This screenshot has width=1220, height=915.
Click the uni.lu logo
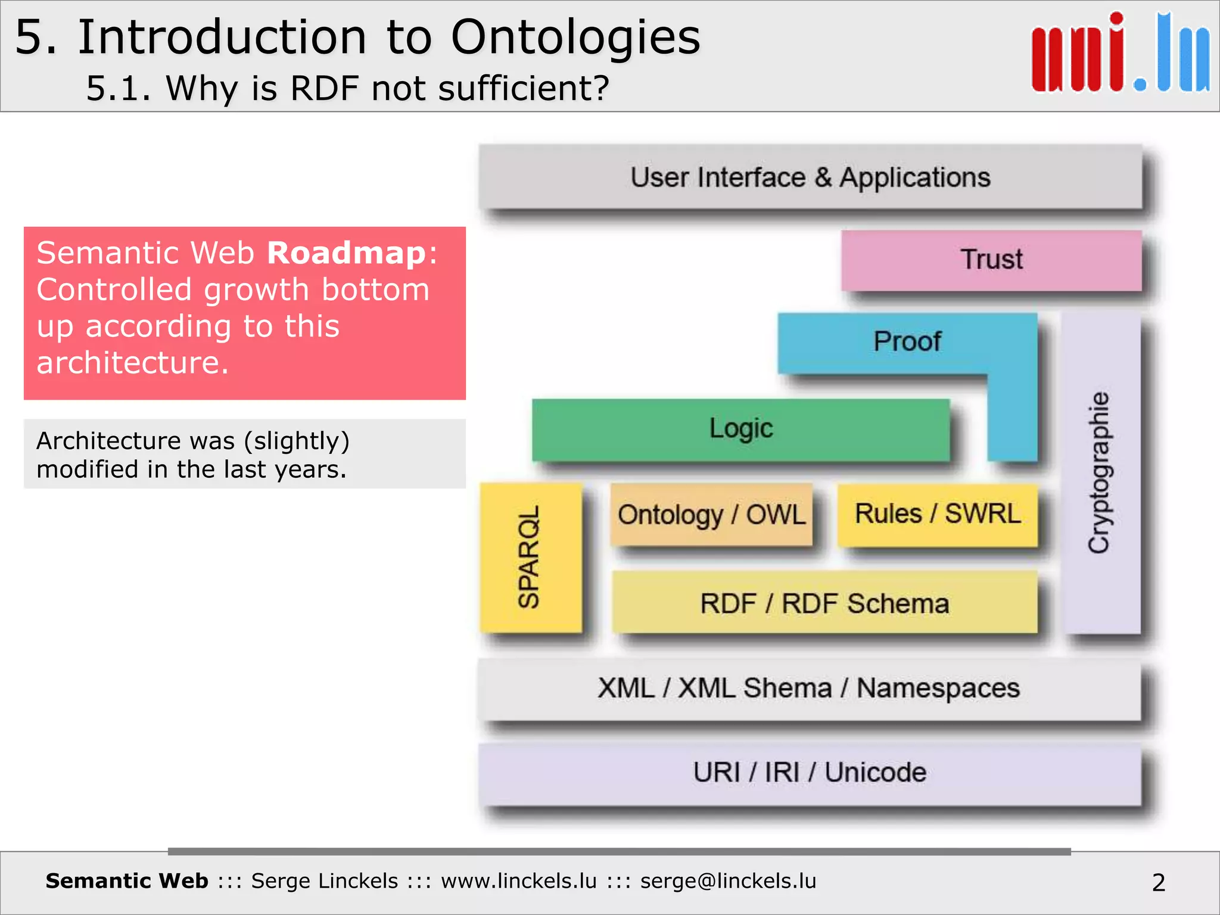pyautogui.click(x=1120, y=54)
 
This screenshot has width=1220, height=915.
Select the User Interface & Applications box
pyautogui.click(x=810, y=178)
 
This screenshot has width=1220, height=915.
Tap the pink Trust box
pyautogui.click(x=991, y=260)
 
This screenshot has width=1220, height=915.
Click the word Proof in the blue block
pyautogui.click(x=907, y=342)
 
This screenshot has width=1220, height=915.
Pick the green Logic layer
pyautogui.click(x=740, y=429)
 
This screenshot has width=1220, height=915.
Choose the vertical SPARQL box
pyautogui.click(x=530, y=557)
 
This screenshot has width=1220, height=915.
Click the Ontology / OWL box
pyautogui.click(x=711, y=515)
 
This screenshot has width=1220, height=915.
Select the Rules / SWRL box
pyautogui.click(x=938, y=514)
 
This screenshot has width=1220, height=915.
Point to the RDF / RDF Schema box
pyautogui.click(x=824, y=603)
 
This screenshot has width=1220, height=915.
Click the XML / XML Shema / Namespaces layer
pyautogui.click(x=809, y=689)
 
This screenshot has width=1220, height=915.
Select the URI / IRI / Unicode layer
pyautogui.click(x=809, y=773)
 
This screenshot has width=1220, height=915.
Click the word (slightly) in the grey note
pyautogui.click(x=296, y=441)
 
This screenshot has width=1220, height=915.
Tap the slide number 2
pyautogui.click(x=1158, y=882)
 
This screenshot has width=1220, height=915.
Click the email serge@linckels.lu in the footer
pyautogui.click(x=728, y=881)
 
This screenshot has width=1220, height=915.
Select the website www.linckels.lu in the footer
pyautogui.click(x=518, y=881)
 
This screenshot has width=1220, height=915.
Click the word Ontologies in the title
pyautogui.click(x=575, y=37)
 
